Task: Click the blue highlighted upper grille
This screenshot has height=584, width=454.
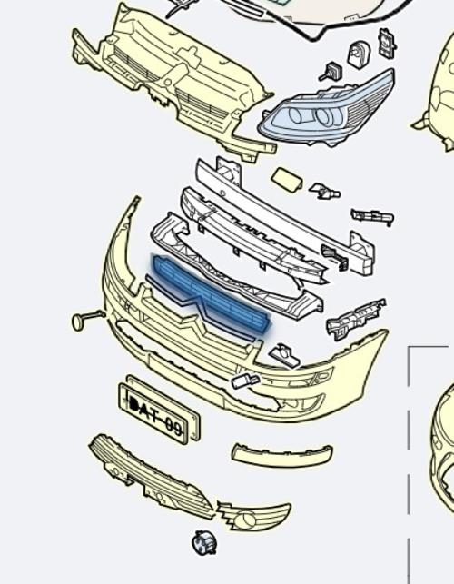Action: click(211, 293)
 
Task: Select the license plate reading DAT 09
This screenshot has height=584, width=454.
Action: click(159, 413)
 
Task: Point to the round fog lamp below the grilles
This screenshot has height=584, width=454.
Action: click(203, 542)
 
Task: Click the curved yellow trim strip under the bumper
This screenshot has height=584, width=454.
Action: click(281, 454)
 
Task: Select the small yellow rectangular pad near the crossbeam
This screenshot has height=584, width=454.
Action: click(287, 180)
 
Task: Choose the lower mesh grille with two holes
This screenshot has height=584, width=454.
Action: click(151, 477)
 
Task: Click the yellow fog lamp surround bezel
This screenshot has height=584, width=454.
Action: click(253, 516)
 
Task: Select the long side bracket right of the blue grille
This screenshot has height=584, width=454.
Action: click(356, 319)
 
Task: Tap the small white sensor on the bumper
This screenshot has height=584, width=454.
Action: click(246, 381)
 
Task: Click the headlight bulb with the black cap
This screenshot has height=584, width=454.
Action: click(330, 71)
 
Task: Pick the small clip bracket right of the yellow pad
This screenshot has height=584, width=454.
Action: click(325, 191)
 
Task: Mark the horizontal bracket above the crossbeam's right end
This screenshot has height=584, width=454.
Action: click(372, 216)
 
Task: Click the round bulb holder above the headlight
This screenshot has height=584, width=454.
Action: click(359, 54)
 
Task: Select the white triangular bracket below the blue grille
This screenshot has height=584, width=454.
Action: click(285, 355)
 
